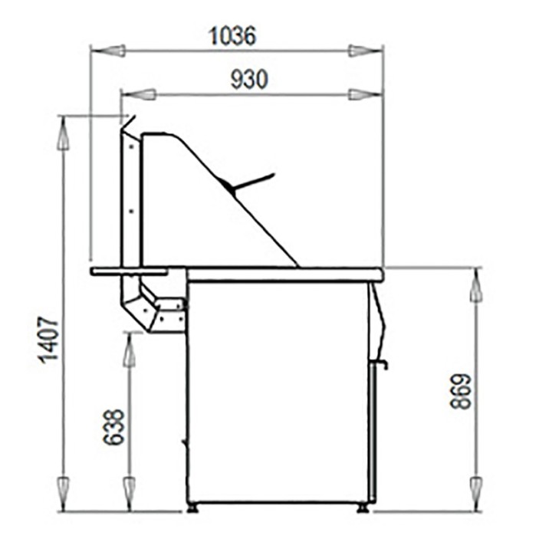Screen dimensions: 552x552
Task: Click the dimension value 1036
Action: click(x=232, y=35)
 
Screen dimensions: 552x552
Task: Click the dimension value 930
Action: click(x=249, y=79)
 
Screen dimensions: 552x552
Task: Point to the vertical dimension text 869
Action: click(x=461, y=391)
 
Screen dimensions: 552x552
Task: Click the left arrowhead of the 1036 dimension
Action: click(x=107, y=51)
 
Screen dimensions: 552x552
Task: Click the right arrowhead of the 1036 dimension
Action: click(x=365, y=51)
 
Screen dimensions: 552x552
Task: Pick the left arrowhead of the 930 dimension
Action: click(x=138, y=94)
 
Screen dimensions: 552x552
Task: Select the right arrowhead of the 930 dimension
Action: click(x=365, y=94)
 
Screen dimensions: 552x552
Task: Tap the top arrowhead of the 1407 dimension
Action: click(x=64, y=134)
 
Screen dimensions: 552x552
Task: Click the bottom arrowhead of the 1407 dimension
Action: click(x=64, y=491)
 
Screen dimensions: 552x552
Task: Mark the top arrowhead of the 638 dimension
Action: click(x=130, y=350)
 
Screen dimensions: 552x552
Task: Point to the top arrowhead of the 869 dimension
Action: click(x=476, y=285)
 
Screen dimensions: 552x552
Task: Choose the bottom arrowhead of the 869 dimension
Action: click(x=476, y=491)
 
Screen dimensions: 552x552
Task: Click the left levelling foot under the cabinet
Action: click(x=193, y=507)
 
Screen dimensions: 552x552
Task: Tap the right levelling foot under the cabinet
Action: click(x=362, y=507)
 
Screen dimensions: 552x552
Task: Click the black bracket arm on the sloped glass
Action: click(x=250, y=182)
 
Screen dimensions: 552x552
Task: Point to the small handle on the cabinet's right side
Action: click(x=381, y=363)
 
